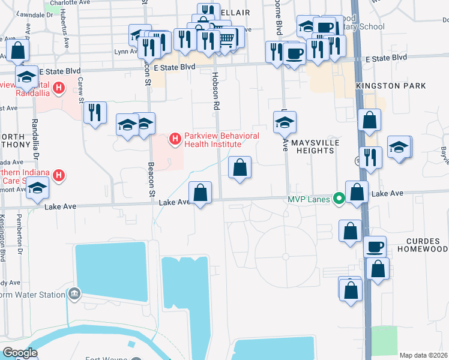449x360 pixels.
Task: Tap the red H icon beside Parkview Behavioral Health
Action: (x=175, y=140)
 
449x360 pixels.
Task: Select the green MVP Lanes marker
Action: (x=339, y=197)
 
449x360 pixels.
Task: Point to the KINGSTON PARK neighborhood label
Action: (x=391, y=86)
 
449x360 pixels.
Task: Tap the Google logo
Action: (x=20, y=353)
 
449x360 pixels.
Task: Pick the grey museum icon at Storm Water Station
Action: (x=74, y=294)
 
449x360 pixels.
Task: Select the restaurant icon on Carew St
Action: (x=95, y=112)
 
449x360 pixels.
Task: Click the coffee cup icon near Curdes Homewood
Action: (x=375, y=247)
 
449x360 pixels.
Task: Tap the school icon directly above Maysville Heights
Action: (x=285, y=122)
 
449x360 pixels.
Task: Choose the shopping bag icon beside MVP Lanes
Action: (x=357, y=193)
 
